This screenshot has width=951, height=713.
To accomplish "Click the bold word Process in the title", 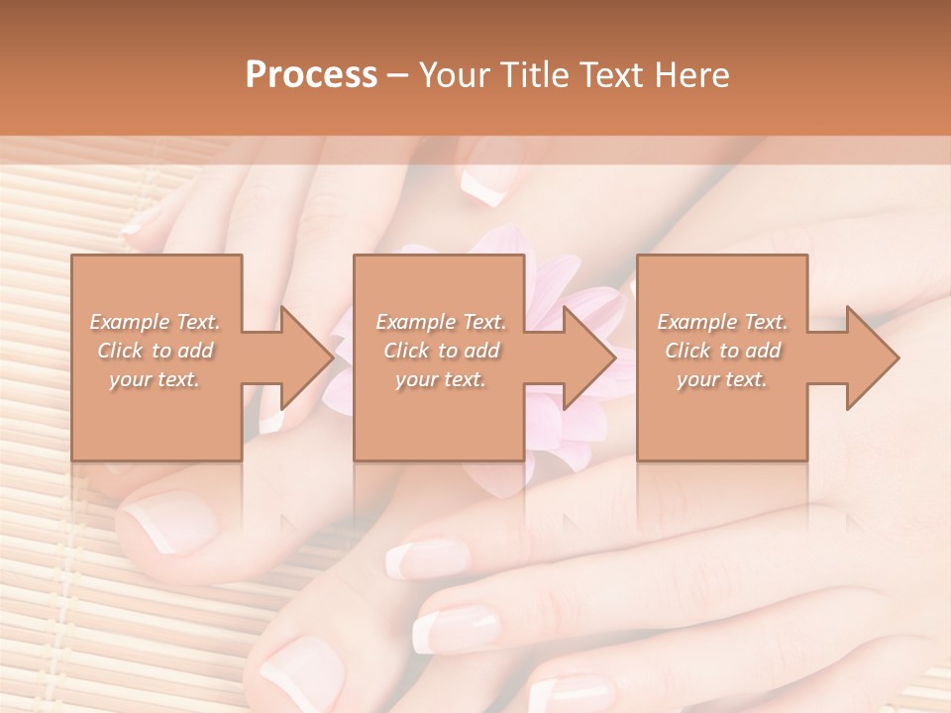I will point(311,75).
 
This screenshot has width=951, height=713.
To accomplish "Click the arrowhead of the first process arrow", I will point(308,357).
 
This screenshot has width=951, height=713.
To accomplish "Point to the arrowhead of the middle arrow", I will point(590,357).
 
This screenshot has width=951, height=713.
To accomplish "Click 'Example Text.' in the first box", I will point(155,322).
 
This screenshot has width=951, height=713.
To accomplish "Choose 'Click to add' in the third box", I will point(723,351).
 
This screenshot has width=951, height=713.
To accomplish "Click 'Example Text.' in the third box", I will point(722,322).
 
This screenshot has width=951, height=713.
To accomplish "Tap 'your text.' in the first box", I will point(155,379).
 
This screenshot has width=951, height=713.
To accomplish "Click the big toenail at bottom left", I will point(163,520).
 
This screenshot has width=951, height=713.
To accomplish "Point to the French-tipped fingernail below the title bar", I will point(491,178).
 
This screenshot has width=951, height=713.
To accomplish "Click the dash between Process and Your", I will point(398,75).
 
